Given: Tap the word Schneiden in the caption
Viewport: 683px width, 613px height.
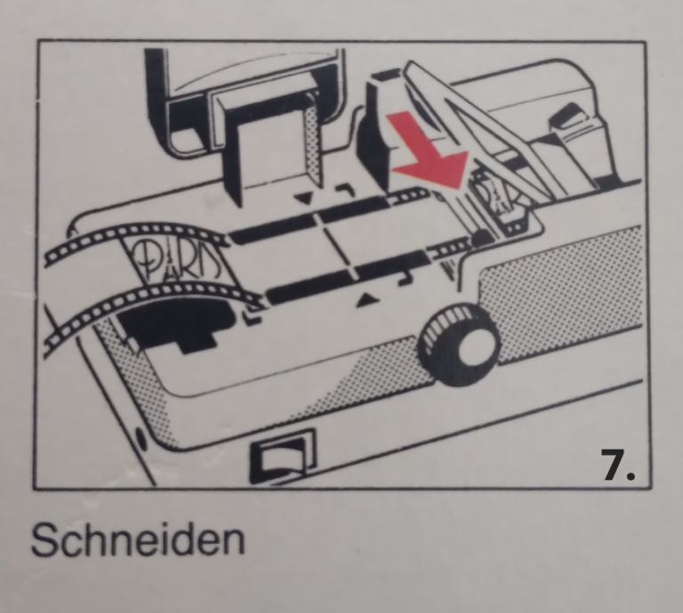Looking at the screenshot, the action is point(138,539).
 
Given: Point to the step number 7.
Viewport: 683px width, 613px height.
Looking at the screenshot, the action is point(618,465).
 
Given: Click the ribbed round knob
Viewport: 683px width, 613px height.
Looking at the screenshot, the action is point(458,345).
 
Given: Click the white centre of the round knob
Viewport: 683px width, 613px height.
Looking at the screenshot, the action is point(471,349).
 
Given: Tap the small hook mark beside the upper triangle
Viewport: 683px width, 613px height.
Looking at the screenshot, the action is point(345,189).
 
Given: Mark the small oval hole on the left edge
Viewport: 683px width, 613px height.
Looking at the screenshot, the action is point(141,438).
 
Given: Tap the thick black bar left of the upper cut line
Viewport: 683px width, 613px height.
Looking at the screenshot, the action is point(272,228).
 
